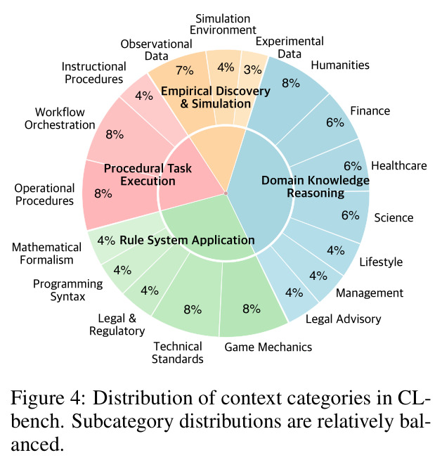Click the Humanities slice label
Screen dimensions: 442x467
(x=340, y=65)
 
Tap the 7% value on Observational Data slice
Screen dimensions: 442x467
(x=185, y=70)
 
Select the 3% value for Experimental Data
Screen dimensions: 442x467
(x=253, y=70)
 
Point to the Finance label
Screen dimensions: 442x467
(x=370, y=111)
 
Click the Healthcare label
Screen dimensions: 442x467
(x=399, y=165)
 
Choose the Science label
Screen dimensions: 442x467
(x=394, y=218)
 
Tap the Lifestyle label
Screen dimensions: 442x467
(x=381, y=262)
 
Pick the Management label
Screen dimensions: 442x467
(x=370, y=293)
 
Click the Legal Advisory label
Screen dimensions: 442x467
(x=343, y=319)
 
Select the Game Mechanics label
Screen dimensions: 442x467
(x=268, y=347)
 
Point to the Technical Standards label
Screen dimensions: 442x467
(x=178, y=352)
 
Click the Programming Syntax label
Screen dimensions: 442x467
(x=68, y=290)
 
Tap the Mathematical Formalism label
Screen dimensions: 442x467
(x=46, y=253)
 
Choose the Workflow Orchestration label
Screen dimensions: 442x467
(x=60, y=119)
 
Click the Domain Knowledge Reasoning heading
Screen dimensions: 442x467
(x=316, y=187)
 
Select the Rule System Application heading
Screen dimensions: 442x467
(x=187, y=240)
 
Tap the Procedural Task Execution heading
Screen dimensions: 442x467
(x=148, y=175)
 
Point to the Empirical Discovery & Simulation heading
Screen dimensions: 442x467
(x=216, y=97)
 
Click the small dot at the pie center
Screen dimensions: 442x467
(x=226, y=193)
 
